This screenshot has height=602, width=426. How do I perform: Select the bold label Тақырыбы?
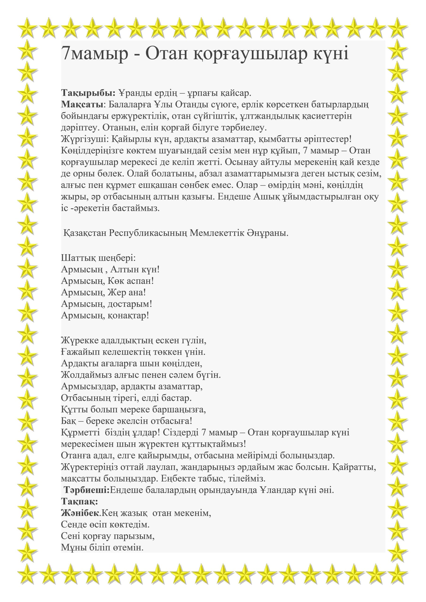[88, 93]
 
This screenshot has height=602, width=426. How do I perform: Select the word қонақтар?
[128, 315]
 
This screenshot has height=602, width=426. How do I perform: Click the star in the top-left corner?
[27, 27]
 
